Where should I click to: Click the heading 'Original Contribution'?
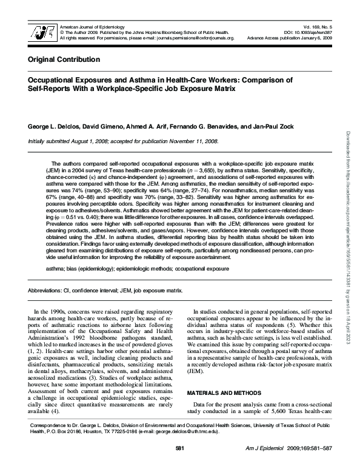coord(64,60)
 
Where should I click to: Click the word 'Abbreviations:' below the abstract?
coord(46,291)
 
